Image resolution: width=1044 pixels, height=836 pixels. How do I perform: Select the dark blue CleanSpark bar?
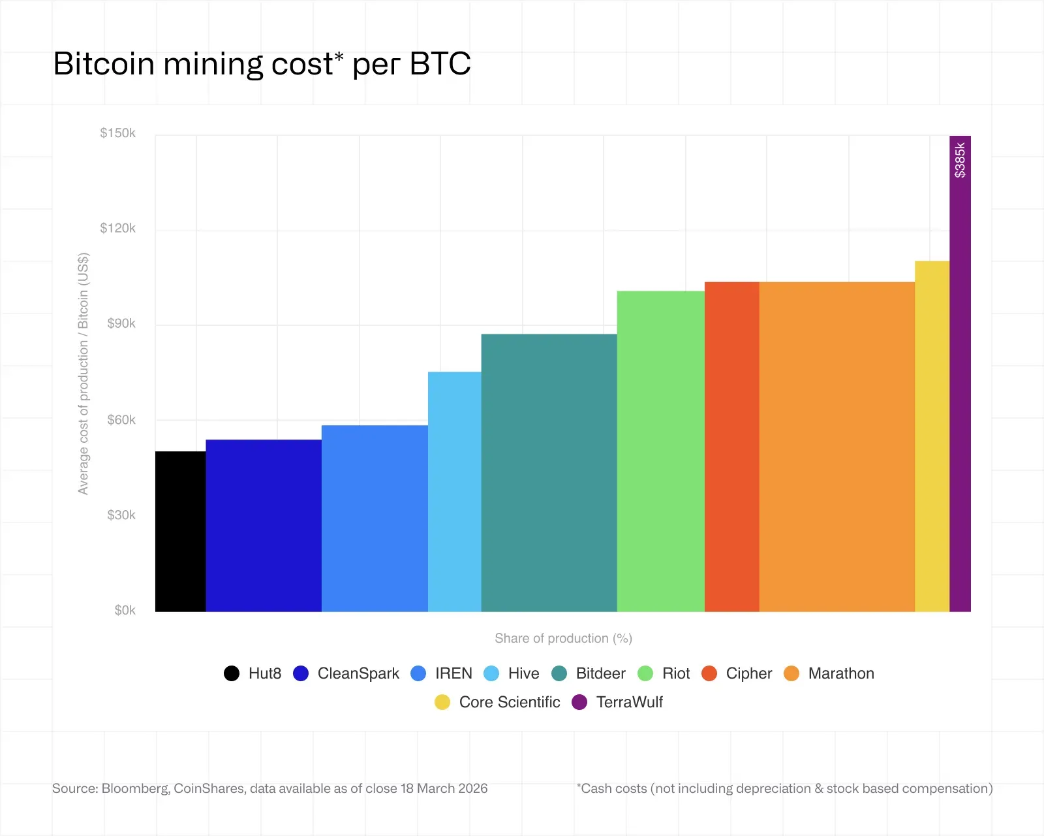click(x=264, y=526)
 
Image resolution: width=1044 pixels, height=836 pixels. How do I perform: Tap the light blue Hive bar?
click(x=454, y=491)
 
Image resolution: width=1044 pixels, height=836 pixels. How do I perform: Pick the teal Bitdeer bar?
click(x=549, y=473)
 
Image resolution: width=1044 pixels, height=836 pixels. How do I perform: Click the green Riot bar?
click(x=660, y=451)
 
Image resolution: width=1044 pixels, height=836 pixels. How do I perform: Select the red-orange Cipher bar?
click(x=731, y=447)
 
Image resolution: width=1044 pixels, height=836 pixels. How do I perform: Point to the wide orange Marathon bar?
click(x=837, y=447)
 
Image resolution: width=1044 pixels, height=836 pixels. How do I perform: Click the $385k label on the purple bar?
click(x=960, y=161)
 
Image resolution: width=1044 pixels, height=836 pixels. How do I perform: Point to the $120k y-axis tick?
click(x=118, y=228)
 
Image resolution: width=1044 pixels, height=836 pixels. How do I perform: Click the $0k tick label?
click(x=125, y=610)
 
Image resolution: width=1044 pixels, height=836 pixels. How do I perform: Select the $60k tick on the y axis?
click(x=121, y=419)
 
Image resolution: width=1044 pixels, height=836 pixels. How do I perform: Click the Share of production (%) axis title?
click(x=563, y=638)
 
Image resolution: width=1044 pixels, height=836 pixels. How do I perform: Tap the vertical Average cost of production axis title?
click(x=83, y=373)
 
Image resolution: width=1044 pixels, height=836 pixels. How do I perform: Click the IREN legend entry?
click(x=453, y=673)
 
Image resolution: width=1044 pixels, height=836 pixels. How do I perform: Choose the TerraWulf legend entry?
click(x=629, y=702)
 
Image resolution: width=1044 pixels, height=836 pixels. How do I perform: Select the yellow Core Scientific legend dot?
click(x=442, y=702)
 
